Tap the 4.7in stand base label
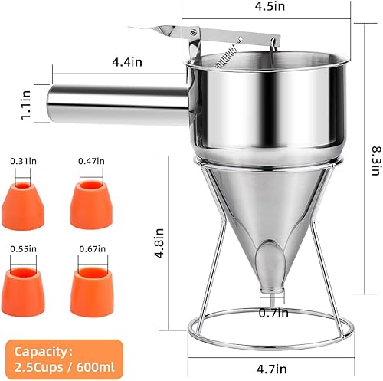coord(270,370)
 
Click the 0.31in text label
coord(22,161)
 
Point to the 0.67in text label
coord(90,251)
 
